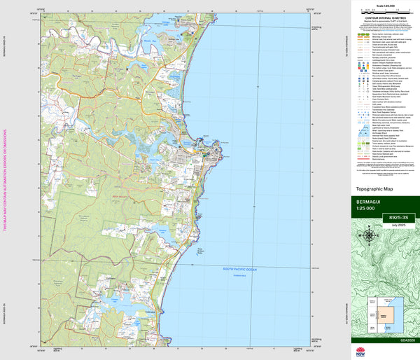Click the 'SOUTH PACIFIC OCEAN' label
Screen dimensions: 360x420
tap(240, 268)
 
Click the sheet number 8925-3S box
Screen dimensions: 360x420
tap(384, 219)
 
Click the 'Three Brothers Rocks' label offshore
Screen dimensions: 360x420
tap(202, 252)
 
